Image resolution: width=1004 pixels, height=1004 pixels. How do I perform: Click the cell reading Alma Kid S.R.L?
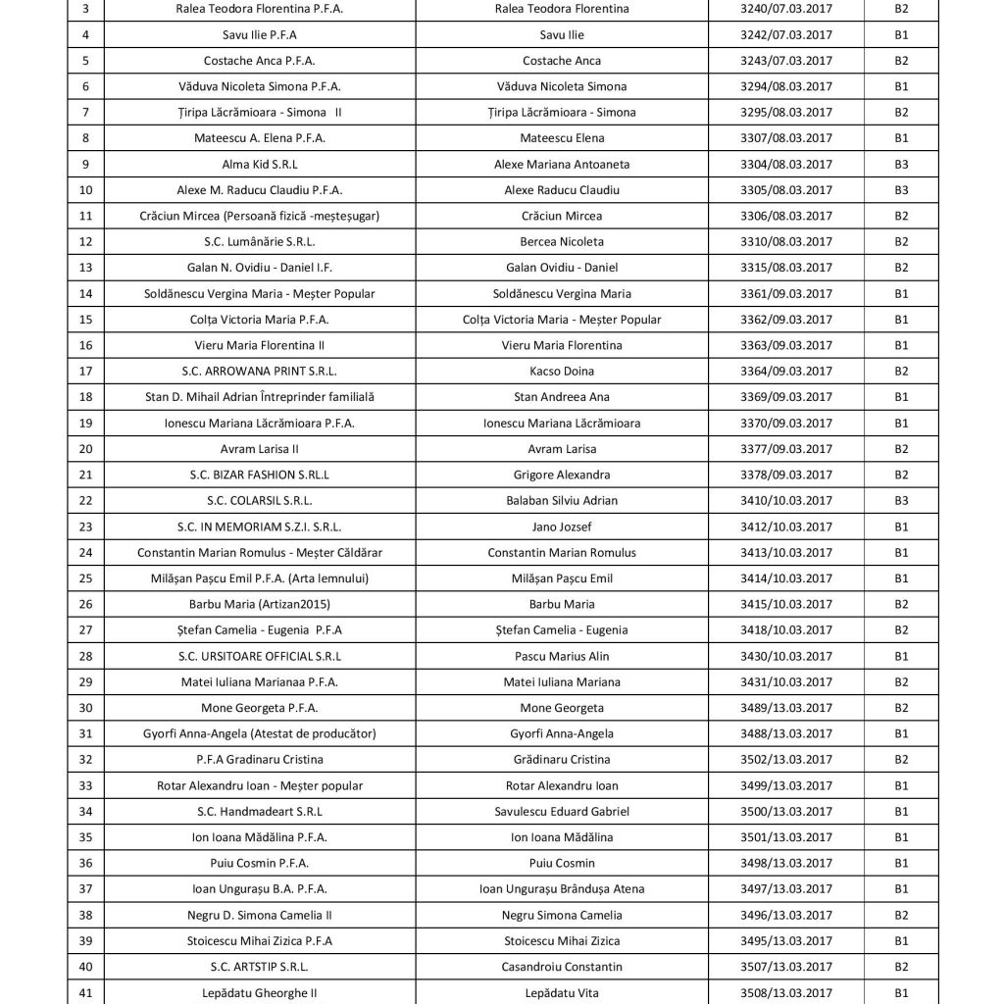[x=259, y=164]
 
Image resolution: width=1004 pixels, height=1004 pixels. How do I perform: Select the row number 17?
[x=85, y=371]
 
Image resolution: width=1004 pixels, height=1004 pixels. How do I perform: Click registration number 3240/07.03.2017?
[x=784, y=9]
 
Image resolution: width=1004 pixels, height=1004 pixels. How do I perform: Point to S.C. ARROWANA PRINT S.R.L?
[x=259, y=371]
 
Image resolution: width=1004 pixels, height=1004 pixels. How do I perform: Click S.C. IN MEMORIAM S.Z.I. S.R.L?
[x=259, y=527]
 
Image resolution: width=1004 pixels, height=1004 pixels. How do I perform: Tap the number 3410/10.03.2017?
[x=784, y=500]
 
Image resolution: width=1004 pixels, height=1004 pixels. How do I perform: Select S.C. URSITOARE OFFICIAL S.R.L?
[x=259, y=656]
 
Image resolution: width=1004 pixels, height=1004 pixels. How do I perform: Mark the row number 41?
[x=85, y=992]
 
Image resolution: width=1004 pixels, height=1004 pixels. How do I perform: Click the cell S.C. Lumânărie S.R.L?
[x=259, y=241]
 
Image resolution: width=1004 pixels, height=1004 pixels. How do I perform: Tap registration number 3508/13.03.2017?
[x=784, y=992]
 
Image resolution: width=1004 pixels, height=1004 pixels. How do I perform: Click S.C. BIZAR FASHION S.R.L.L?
[x=259, y=475]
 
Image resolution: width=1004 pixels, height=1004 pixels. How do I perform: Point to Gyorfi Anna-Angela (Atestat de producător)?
[x=259, y=733]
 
